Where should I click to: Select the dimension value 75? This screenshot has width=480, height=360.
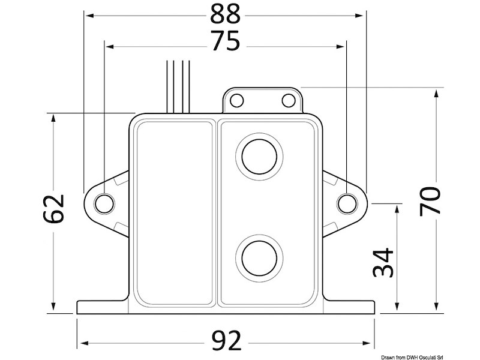[225, 43]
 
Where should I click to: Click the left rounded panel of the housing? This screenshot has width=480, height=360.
[173, 213]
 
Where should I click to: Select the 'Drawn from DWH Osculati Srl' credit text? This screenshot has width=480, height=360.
[436, 354]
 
